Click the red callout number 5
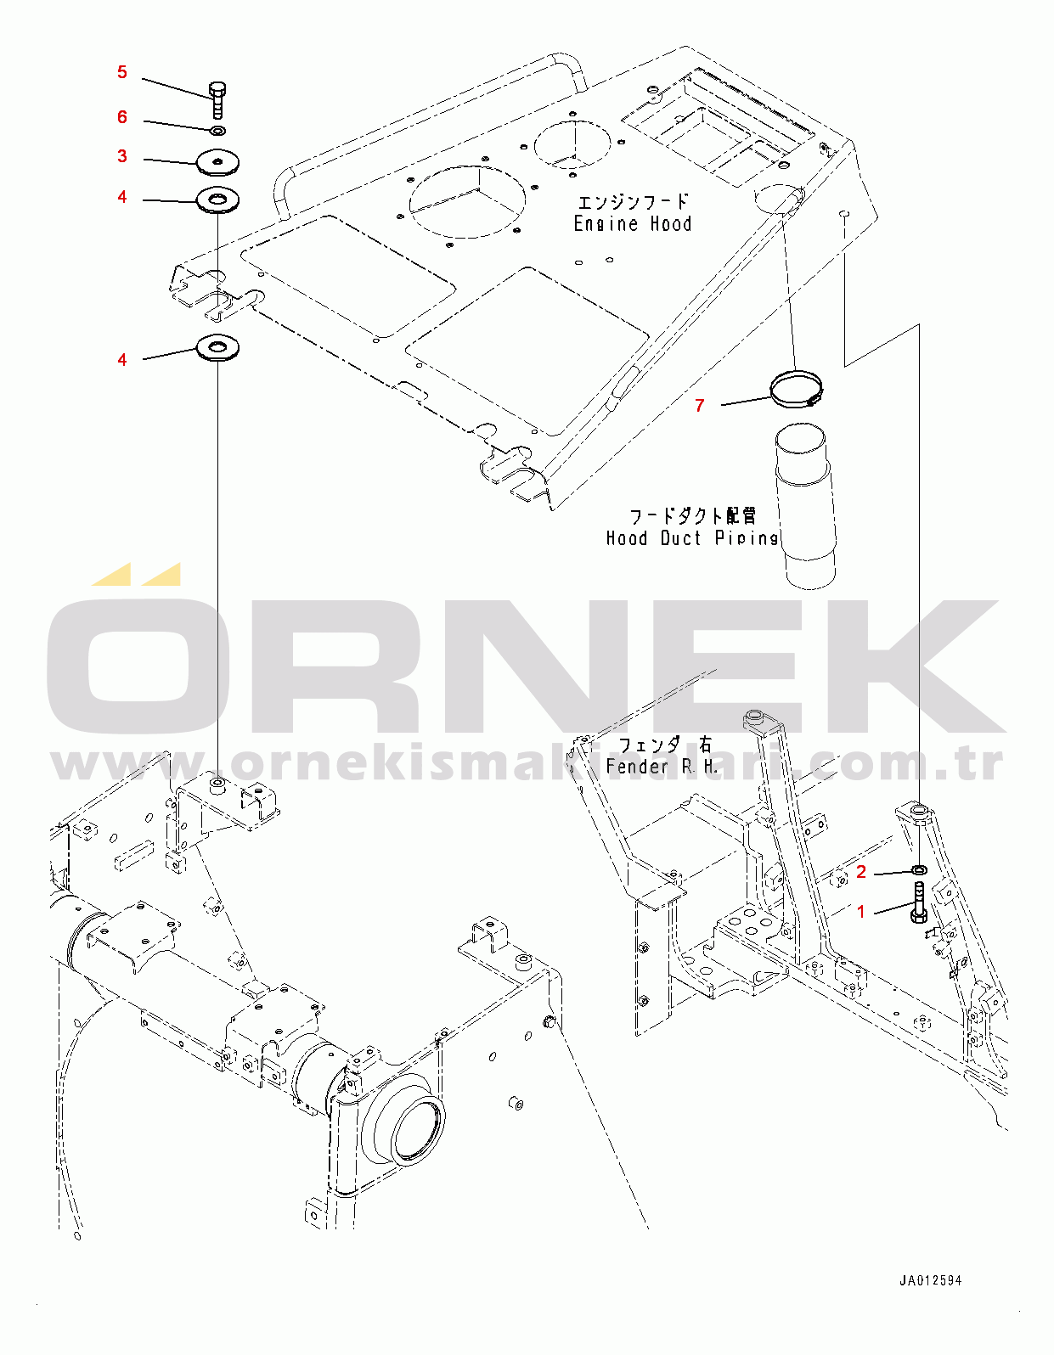[122, 72]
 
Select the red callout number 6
[122, 117]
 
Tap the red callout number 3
[122, 156]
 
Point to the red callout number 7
[700, 405]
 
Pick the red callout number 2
[861, 872]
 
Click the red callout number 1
[861, 912]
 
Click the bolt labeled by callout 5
[217, 100]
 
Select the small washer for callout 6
[217, 131]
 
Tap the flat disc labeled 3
[217, 162]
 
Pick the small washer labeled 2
[920, 869]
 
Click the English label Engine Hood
[633, 224]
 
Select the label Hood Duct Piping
[692, 538]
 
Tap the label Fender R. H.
[662, 766]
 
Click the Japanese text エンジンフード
[634, 202]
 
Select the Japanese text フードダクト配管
[692, 516]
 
